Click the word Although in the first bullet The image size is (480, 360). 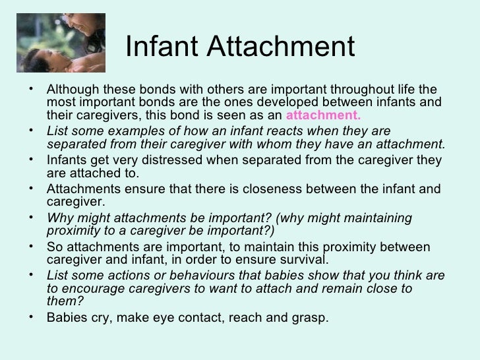coord(72,90)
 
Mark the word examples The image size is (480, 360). coord(134,131)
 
